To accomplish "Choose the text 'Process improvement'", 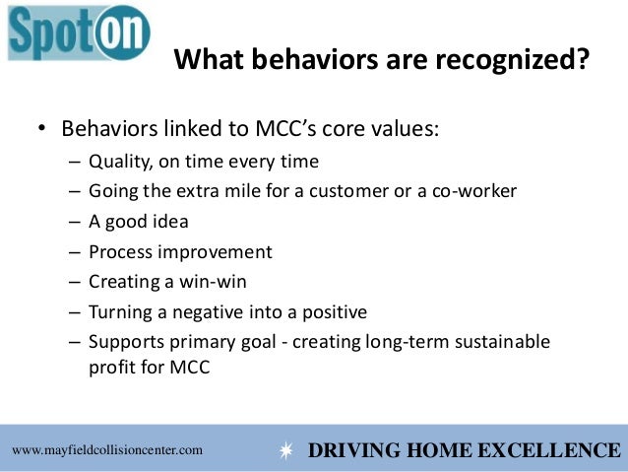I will click(x=180, y=251).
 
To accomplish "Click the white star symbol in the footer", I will click(x=286, y=451).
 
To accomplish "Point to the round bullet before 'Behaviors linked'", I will click(x=42, y=131).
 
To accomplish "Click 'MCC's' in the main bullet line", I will click(x=291, y=130).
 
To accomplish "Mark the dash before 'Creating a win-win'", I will click(x=76, y=282).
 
